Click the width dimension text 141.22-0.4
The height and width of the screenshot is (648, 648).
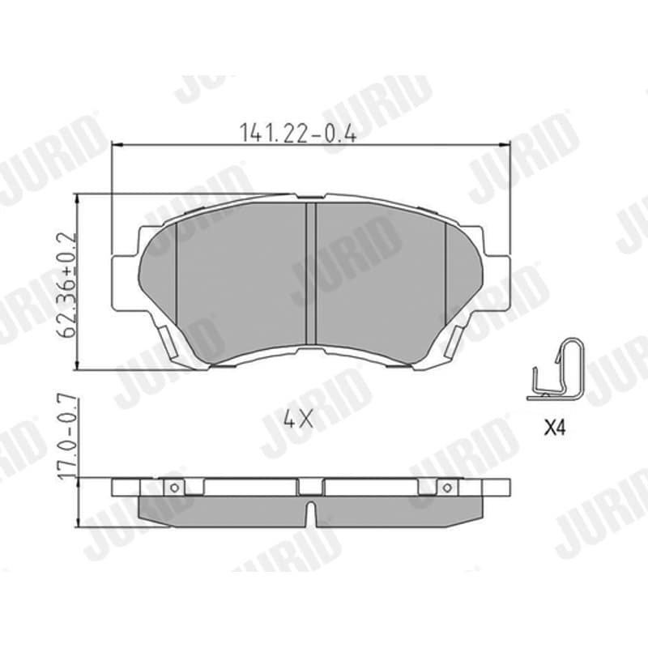[298, 132]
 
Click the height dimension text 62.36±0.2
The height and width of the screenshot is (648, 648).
[66, 286]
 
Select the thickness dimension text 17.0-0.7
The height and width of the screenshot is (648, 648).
[66, 437]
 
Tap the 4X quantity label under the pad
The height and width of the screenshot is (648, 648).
[298, 420]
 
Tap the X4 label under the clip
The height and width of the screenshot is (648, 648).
[554, 428]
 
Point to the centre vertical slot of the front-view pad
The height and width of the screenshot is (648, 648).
[311, 273]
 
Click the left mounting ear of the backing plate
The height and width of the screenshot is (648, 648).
[125, 283]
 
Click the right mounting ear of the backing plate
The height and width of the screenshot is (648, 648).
[497, 283]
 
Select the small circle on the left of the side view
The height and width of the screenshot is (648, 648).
[175, 488]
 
